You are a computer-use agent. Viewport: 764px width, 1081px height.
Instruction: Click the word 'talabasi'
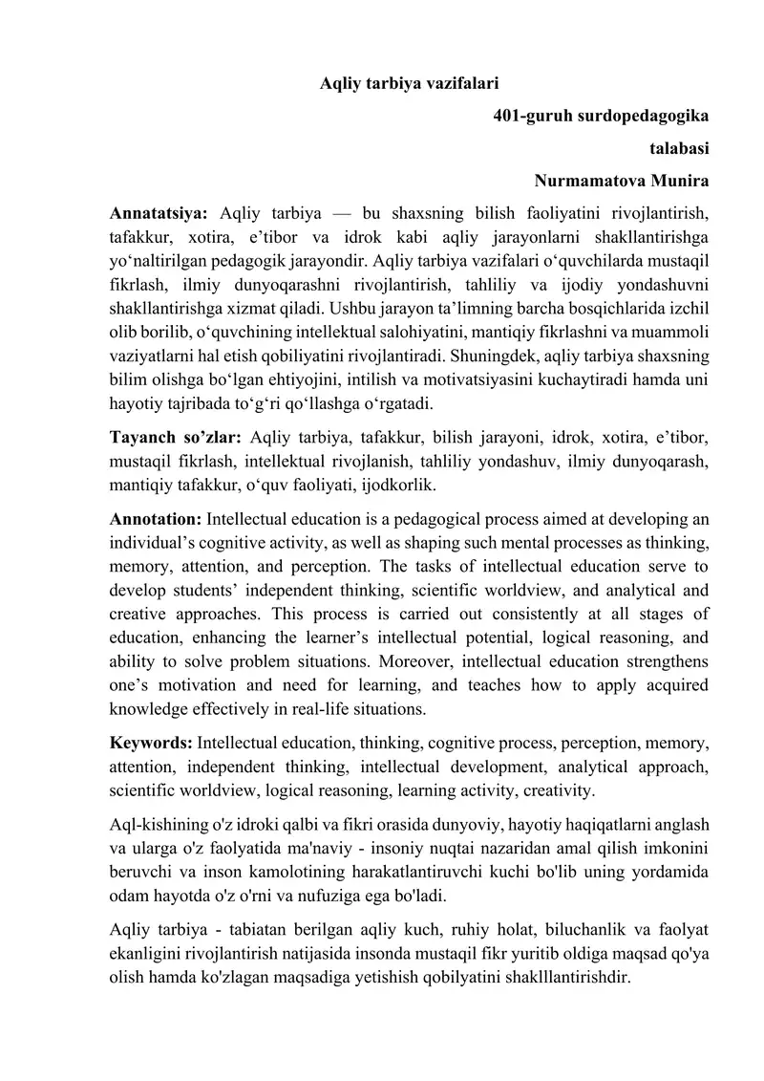[679, 148]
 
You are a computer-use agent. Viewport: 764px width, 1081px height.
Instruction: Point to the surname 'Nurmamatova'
[589, 180]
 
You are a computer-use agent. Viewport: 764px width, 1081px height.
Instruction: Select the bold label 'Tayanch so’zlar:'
[177, 439]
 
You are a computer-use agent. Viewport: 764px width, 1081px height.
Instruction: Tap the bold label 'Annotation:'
[156, 521]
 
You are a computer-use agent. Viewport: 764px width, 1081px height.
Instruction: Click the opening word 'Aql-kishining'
[156, 824]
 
